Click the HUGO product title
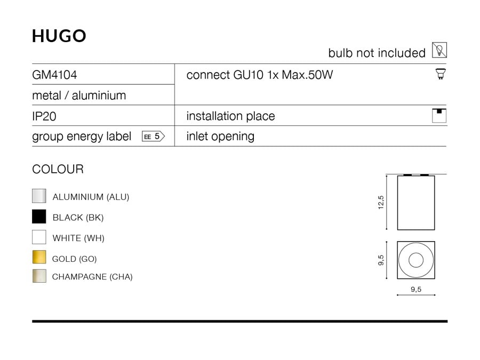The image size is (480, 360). (x=59, y=36)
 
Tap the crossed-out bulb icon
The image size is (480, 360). (x=439, y=50)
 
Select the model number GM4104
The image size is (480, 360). (x=54, y=75)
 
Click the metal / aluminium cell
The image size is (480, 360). (x=79, y=95)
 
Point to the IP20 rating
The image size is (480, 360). (x=44, y=116)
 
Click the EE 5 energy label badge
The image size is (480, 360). (x=154, y=136)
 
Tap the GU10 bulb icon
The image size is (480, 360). (x=441, y=74)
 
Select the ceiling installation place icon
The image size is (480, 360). (x=439, y=116)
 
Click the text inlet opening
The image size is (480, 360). (x=220, y=137)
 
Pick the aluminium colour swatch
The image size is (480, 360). (x=39, y=196)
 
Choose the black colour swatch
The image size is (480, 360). (x=39, y=217)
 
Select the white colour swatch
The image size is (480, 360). (x=39, y=237)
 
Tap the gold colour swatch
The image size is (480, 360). (x=39, y=257)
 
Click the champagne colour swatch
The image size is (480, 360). (x=39, y=276)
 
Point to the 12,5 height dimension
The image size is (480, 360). (x=381, y=202)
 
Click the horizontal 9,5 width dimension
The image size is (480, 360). (x=416, y=289)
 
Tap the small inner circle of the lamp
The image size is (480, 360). (x=415, y=260)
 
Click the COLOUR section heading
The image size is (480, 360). (x=58, y=169)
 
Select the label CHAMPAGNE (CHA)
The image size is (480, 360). (x=92, y=277)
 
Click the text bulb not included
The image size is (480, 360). (x=377, y=53)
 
